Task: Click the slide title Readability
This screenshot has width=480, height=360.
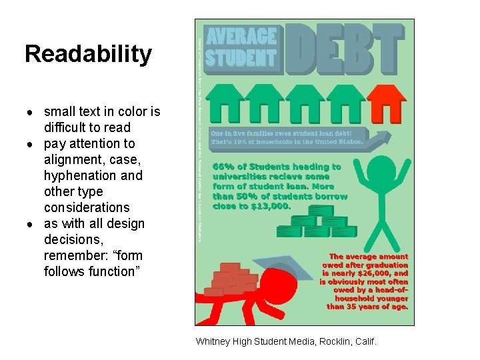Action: [88, 54]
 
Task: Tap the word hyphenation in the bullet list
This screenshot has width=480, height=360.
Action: [93, 175]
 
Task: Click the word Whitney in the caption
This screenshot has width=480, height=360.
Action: [213, 341]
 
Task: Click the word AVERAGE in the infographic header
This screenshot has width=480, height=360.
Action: [241, 37]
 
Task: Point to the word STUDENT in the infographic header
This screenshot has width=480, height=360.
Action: [241, 58]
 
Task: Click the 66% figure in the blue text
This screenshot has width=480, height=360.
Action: [223, 167]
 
